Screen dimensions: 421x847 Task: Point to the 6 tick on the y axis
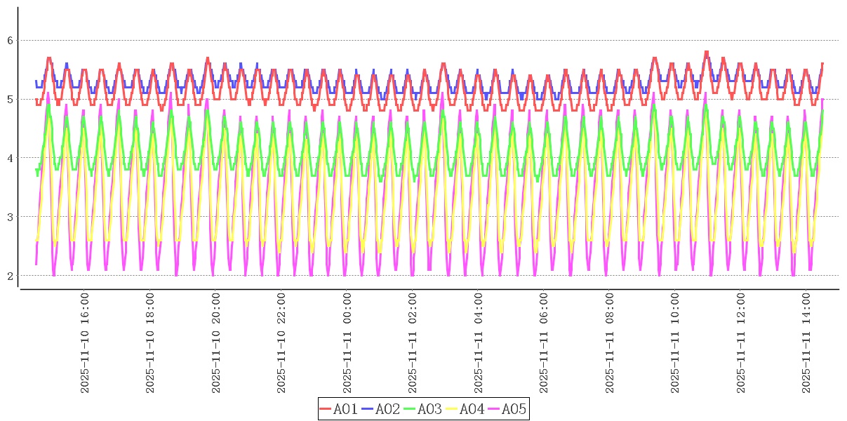tap(11, 41)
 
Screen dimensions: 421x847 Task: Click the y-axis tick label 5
tap(11, 100)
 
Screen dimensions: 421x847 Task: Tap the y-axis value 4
tap(11, 158)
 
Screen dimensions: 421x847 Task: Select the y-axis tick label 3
tap(11, 217)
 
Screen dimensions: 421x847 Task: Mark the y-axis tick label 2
tap(11, 276)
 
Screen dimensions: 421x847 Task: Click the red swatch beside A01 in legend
tap(325, 409)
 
